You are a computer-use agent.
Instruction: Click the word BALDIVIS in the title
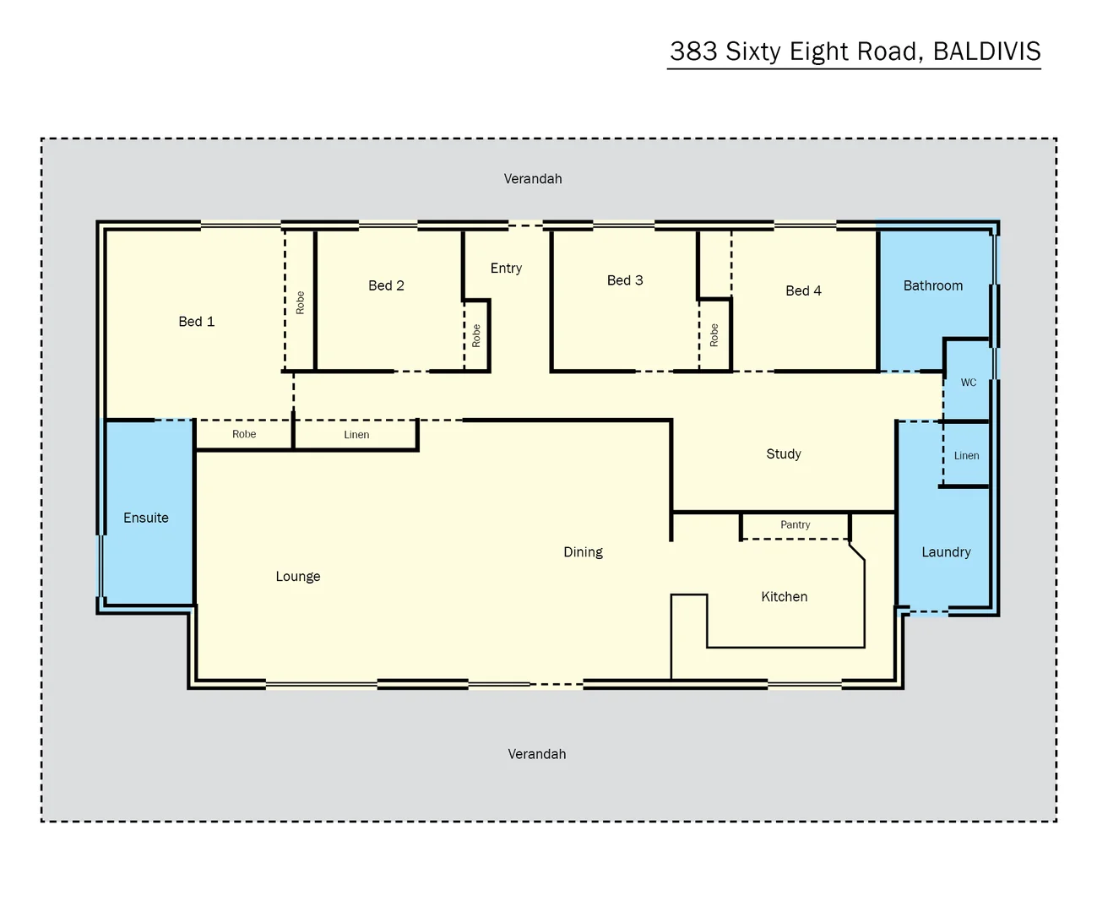pyautogui.click(x=986, y=52)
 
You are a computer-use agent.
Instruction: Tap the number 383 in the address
pyautogui.click(x=693, y=52)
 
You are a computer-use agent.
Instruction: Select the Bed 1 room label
pyautogui.click(x=197, y=322)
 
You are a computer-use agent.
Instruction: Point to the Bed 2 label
pyautogui.click(x=386, y=285)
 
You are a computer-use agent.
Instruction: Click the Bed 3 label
pyautogui.click(x=625, y=280)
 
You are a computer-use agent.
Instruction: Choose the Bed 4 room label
pyautogui.click(x=803, y=290)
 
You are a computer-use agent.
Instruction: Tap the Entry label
pyautogui.click(x=506, y=269)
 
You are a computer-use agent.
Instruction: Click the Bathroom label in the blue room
pyautogui.click(x=932, y=285)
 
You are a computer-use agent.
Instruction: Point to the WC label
pyautogui.click(x=969, y=383)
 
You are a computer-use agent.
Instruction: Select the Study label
pyautogui.click(x=784, y=454)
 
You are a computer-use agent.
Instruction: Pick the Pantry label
pyautogui.click(x=795, y=524)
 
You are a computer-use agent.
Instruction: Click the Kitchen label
pyautogui.click(x=784, y=597)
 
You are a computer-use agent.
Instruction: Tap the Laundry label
pyautogui.click(x=946, y=552)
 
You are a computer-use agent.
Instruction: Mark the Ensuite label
pyautogui.click(x=146, y=518)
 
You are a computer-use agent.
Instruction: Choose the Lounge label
pyautogui.click(x=298, y=577)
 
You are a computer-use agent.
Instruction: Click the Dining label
pyautogui.click(x=583, y=552)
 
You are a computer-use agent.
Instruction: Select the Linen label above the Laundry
pyautogui.click(x=966, y=456)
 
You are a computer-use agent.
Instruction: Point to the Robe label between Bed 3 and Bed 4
pyautogui.click(x=714, y=335)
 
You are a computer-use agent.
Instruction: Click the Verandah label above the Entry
pyautogui.click(x=533, y=179)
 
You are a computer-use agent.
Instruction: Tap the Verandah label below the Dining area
pyautogui.click(x=537, y=754)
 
